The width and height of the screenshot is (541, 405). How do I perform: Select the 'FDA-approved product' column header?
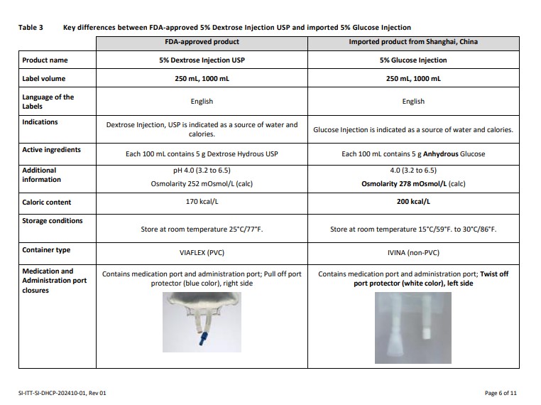click(x=202, y=42)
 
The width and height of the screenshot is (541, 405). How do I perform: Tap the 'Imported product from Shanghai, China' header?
click(x=413, y=42)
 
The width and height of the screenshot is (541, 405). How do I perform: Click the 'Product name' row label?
click(x=45, y=60)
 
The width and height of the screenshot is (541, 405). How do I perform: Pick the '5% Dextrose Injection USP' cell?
click(x=202, y=60)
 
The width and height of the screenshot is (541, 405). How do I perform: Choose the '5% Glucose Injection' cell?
click(x=413, y=60)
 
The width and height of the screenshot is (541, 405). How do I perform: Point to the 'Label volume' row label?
click(x=45, y=79)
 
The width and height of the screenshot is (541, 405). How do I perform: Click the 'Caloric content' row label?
click(x=48, y=202)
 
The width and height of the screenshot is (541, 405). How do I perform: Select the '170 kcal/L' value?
click(x=202, y=202)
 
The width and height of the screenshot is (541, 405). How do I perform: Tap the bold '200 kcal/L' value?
click(x=413, y=202)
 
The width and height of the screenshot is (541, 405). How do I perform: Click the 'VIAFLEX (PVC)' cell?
click(x=202, y=252)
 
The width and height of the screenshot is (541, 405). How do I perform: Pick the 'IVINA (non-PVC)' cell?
click(x=413, y=252)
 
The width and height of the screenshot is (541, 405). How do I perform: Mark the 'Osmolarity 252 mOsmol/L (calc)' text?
click(x=202, y=183)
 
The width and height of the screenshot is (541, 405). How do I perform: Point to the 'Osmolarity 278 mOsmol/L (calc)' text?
click(x=413, y=183)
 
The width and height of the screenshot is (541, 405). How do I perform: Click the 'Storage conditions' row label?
click(x=53, y=221)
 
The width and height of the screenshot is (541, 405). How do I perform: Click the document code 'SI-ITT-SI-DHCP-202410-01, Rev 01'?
click(x=62, y=392)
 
